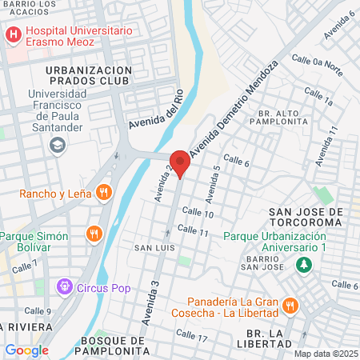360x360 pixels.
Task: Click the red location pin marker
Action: click(180, 162)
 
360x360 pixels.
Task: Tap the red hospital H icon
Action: click(14, 35)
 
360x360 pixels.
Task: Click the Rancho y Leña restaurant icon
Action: click(103, 192)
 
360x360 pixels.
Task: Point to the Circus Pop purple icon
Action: click(63, 286)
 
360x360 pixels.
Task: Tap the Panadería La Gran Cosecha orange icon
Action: click(290, 306)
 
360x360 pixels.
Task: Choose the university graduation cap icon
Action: click(57, 145)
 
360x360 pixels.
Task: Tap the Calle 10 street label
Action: click(198, 213)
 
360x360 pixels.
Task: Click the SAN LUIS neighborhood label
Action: click(150, 248)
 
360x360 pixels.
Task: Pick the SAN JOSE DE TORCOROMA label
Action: click(307, 218)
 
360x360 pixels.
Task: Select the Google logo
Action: click(26, 350)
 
